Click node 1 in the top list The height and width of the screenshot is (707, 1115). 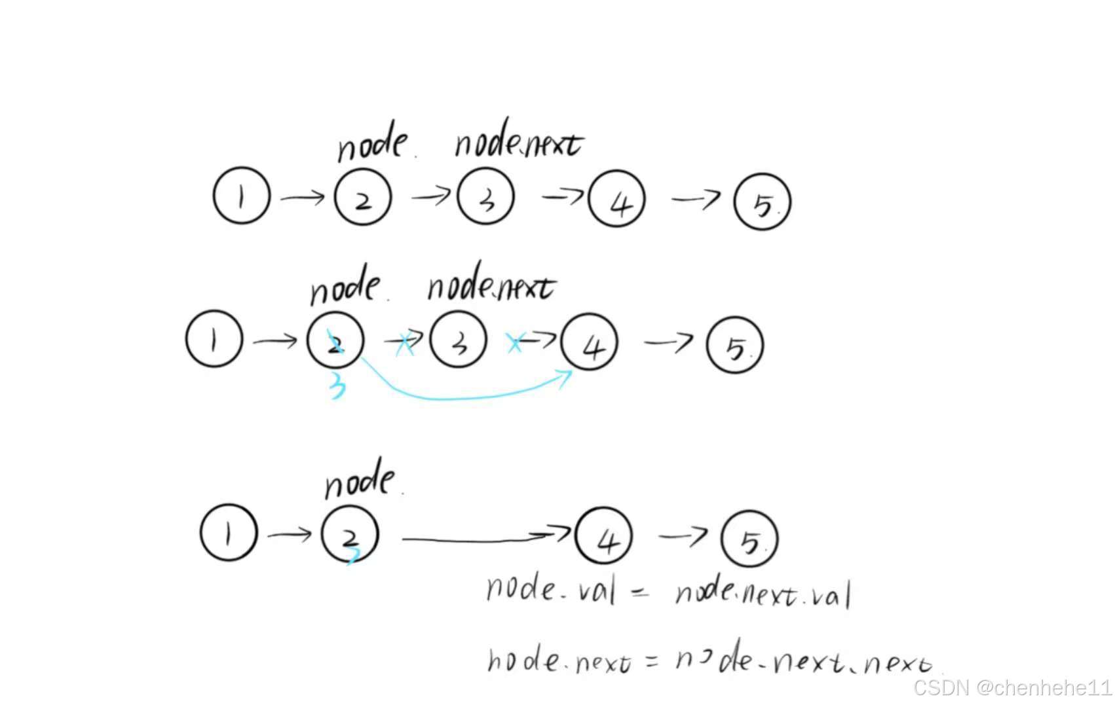tap(241, 196)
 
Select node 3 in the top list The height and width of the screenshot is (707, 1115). tap(485, 196)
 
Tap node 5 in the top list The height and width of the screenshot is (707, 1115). tap(762, 202)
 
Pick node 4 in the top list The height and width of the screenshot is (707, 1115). tap(616, 199)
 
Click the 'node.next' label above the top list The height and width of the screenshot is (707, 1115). tap(518, 143)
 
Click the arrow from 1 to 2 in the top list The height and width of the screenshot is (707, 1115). tap(302, 196)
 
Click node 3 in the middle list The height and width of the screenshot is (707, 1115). tap(459, 340)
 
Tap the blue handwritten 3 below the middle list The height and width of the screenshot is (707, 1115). tap(337, 386)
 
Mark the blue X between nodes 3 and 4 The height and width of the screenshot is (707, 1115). tap(515, 342)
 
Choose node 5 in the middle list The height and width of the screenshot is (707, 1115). tap(735, 345)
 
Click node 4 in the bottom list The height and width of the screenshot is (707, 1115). tap(603, 535)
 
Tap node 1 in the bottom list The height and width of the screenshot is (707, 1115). tap(228, 532)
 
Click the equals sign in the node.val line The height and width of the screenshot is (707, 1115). tap(640, 592)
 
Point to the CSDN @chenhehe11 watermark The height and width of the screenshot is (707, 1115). tap(1012, 687)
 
